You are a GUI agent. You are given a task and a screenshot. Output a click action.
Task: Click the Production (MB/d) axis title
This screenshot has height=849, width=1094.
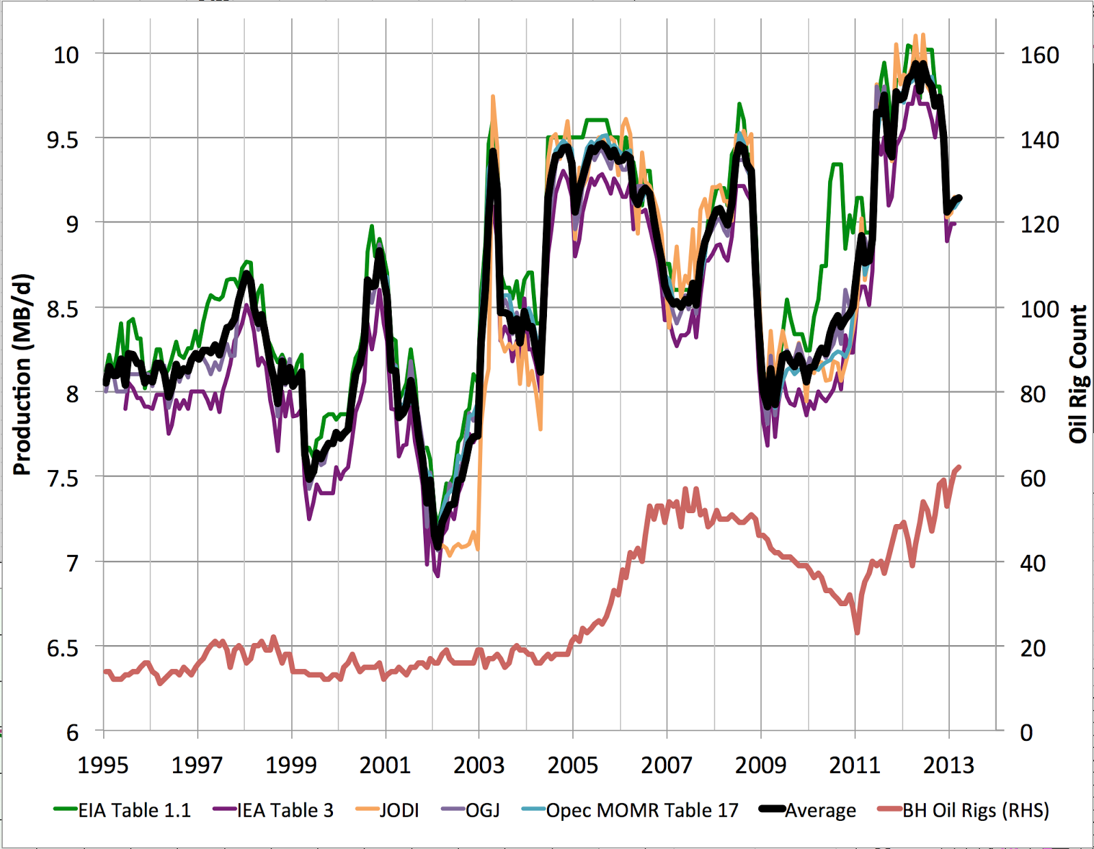[23, 374]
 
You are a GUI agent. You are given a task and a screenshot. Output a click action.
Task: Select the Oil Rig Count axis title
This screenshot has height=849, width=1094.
[1078, 374]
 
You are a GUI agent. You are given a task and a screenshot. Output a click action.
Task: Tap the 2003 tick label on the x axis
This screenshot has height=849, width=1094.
[479, 765]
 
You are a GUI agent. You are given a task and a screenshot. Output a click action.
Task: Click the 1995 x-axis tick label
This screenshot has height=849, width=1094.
[103, 765]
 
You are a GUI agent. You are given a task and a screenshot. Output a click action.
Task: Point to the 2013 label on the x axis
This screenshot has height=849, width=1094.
[948, 765]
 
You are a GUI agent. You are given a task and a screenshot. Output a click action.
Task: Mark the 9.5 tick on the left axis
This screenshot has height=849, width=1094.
[63, 140]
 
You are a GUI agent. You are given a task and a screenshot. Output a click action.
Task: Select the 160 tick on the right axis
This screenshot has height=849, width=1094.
[1039, 55]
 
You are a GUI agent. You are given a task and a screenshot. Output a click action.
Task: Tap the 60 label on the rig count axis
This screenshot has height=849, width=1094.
[1032, 478]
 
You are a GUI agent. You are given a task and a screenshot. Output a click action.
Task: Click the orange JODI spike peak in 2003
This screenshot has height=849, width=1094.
[492, 97]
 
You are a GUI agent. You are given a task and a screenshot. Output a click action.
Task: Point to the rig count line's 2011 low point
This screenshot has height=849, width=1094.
[857, 632]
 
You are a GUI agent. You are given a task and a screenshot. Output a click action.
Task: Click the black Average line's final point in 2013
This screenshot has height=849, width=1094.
[959, 198]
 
